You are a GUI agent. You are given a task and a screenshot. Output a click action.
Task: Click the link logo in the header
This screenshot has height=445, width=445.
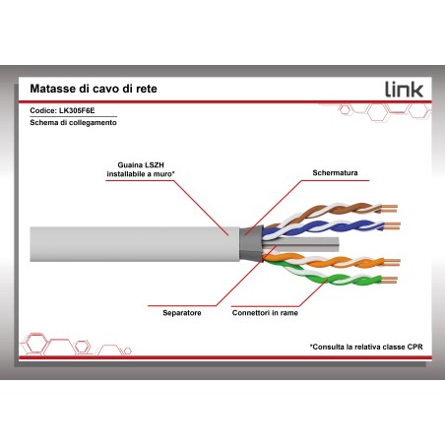point(404,90)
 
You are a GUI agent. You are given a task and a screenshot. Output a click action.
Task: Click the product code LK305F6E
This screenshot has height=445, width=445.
point(77,110)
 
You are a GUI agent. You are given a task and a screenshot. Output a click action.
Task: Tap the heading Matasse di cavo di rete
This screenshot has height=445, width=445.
point(94,89)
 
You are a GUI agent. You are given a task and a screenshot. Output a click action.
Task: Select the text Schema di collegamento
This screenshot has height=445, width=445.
point(73,122)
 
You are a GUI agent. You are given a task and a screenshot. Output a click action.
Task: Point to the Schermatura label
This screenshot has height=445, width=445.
point(335,172)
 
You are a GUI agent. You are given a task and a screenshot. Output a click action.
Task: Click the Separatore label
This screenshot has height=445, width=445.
point(182,313)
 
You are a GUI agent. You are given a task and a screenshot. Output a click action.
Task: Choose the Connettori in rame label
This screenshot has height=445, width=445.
point(265,313)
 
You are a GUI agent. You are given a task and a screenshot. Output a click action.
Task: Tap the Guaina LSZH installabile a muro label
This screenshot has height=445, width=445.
point(141,169)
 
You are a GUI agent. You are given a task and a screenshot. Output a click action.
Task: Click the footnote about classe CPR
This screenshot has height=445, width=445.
point(366,347)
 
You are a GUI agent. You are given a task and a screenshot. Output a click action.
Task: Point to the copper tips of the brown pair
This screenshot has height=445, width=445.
point(390,209)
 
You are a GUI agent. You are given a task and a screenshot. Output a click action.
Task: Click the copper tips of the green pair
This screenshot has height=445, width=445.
point(389,280)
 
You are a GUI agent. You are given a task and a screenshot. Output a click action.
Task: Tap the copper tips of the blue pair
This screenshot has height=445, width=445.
point(392,226)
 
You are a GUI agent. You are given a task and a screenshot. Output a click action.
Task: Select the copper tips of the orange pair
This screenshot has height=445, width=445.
point(392,262)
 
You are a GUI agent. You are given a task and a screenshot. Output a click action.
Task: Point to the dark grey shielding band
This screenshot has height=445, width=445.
point(251,243)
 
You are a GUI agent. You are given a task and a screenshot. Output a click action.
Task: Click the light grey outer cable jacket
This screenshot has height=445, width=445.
point(135,244)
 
